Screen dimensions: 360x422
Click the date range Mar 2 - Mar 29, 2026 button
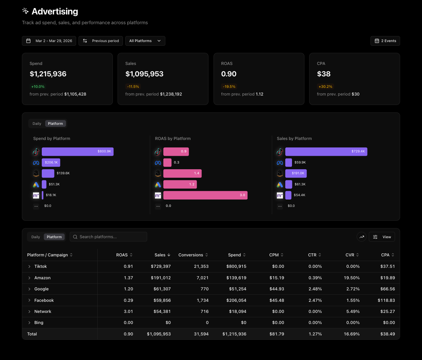pos(49,41)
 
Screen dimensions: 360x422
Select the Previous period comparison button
pos(101,41)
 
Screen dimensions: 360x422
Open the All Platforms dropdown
pos(145,41)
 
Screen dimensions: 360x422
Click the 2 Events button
pos(385,41)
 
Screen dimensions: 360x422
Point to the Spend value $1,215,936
pos(48,74)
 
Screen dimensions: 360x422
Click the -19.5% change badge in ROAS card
pos(229,86)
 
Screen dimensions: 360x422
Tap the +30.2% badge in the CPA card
pos(325,86)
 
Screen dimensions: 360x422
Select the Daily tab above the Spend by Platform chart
pos(37,123)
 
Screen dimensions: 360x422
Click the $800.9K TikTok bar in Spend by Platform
pos(77,152)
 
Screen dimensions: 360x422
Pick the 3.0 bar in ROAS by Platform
pos(205,195)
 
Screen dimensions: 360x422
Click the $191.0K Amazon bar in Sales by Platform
pos(296,174)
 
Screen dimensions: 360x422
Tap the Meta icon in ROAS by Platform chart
pos(158,163)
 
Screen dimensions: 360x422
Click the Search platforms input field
pos(108,237)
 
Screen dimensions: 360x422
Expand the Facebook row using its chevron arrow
pos(29,300)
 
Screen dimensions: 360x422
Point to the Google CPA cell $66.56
pos(387,289)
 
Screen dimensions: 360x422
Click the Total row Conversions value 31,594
pos(201,334)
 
